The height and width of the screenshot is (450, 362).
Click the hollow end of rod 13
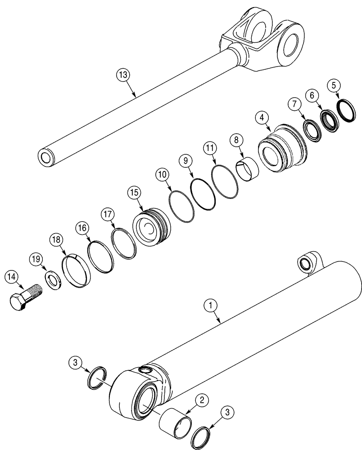pos(46,157)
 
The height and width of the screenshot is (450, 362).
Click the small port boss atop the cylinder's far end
pos(307,264)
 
